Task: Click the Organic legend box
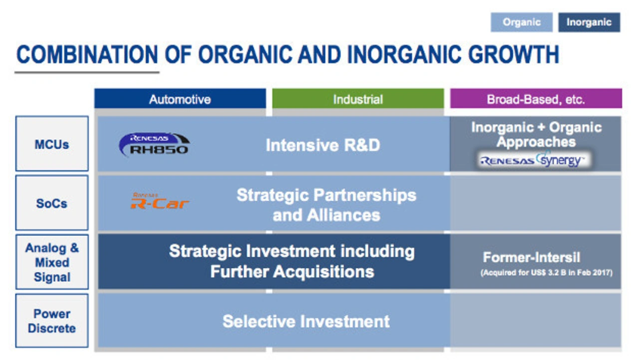[x=522, y=22]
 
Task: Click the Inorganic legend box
[x=589, y=22]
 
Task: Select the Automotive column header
[x=180, y=99]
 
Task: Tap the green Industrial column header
[x=358, y=99]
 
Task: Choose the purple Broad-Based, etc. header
[x=536, y=99]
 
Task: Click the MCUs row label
[x=52, y=144]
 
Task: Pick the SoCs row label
[x=52, y=203]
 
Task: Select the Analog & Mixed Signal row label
[x=52, y=262]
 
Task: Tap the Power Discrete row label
[x=52, y=321]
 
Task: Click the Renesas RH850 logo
[x=154, y=144]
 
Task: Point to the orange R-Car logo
[x=160, y=201]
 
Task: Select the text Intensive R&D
[x=323, y=145]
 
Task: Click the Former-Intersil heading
[x=531, y=257]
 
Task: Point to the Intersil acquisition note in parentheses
[x=546, y=273]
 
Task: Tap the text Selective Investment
[x=306, y=321]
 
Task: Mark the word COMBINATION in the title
[x=87, y=54]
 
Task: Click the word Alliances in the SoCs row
[x=343, y=215]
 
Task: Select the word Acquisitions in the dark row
[x=323, y=271]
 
